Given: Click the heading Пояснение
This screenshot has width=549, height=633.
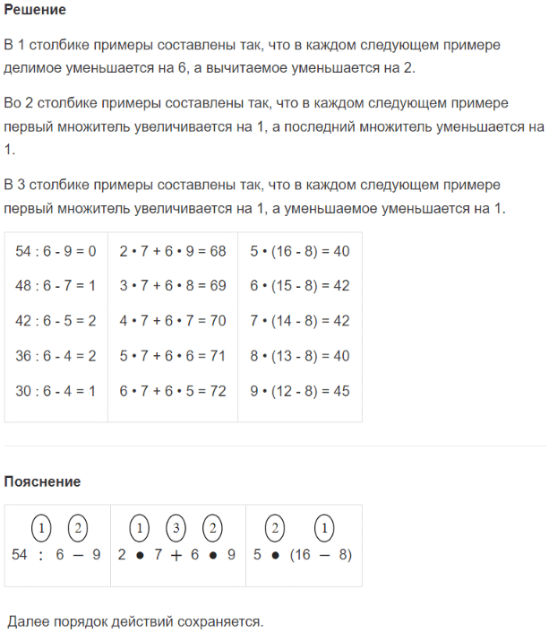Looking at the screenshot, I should tap(42, 481).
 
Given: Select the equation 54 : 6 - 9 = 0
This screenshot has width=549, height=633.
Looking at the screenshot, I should tap(56, 251).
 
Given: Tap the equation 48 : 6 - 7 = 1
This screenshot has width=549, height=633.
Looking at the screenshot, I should tap(56, 286).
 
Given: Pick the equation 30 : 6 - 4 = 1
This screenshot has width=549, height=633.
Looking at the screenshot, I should tap(56, 391).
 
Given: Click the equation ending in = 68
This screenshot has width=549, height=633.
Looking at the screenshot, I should tap(173, 251).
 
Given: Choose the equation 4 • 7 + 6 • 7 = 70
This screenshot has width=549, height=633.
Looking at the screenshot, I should tap(173, 321).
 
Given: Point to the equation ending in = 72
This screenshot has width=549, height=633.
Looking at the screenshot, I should tap(173, 391).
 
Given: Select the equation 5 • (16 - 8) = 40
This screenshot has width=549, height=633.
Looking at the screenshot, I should tap(300, 251).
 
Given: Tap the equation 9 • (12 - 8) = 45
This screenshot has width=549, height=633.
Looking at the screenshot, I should tap(300, 391).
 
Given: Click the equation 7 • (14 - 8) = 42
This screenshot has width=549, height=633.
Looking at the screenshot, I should tap(300, 321).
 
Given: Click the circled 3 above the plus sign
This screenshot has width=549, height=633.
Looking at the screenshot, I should tap(176, 528).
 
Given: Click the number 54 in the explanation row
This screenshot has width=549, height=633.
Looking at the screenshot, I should tap(21, 555).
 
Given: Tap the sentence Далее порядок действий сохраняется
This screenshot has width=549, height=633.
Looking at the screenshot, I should tap(135, 621).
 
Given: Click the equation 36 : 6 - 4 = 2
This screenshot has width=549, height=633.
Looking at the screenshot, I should tap(56, 356).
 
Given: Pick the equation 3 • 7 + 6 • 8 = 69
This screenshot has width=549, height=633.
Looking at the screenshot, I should tap(173, 286).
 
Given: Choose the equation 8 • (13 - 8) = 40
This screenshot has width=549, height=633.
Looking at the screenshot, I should tap(300, 356).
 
